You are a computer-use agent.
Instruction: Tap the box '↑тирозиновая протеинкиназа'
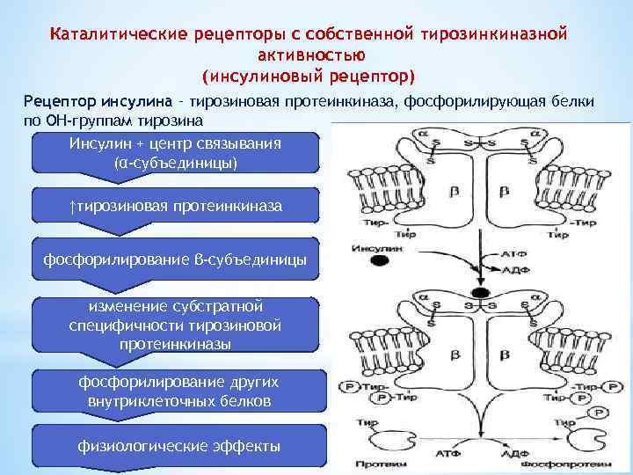tap(176, 206)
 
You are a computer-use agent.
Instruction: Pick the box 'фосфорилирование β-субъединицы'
tap(176, 259)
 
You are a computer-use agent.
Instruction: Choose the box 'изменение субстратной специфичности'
tap(176, 325)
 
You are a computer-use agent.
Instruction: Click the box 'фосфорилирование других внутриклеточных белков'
tap(176, 391)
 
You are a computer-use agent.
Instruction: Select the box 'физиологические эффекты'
tap(176, 446)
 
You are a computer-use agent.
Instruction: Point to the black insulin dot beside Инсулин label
tap(378, 261)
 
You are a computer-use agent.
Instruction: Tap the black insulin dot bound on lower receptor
tap(480, 292)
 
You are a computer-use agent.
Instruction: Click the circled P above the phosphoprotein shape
tap(599, 412)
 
